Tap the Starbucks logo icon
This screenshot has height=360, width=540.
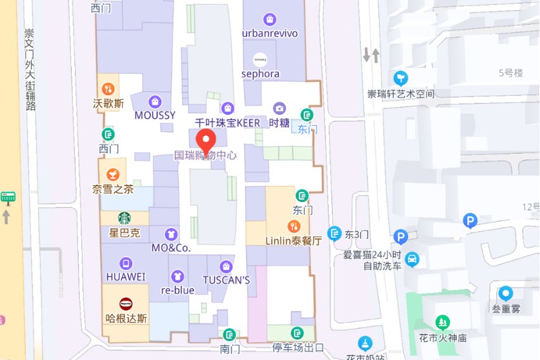(x=124, y=218)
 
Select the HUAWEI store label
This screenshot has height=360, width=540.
(x=126, y=277)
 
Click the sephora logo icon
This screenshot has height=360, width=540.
(x=260, y=59)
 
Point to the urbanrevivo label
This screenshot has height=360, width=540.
(x=270, y=33)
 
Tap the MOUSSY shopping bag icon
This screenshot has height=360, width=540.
(x=155, y=102)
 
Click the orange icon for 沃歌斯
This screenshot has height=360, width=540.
(x=109, y=88)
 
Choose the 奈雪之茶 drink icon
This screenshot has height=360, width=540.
(x=112, y=174)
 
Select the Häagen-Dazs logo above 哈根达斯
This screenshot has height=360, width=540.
(x=126, y=303)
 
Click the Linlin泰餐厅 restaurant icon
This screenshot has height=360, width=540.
(x=293, y=226)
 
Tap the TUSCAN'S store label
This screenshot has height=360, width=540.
(x=227, y=280)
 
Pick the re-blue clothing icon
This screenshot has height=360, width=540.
(x=178, y=276)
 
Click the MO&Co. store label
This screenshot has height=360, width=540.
(x=171, y=248)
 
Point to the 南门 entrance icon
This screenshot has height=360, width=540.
(x=228, y=334)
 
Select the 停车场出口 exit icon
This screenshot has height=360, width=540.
(x=297, y=333)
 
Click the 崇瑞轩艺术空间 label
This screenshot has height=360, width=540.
(x=401, y=94)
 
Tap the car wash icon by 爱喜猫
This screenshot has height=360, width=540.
(x=412, y=259)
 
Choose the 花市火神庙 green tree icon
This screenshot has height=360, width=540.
(x=442, y=323)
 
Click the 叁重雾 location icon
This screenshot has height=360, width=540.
(x=505, y=293)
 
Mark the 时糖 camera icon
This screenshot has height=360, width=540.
(x=279, y=109)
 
